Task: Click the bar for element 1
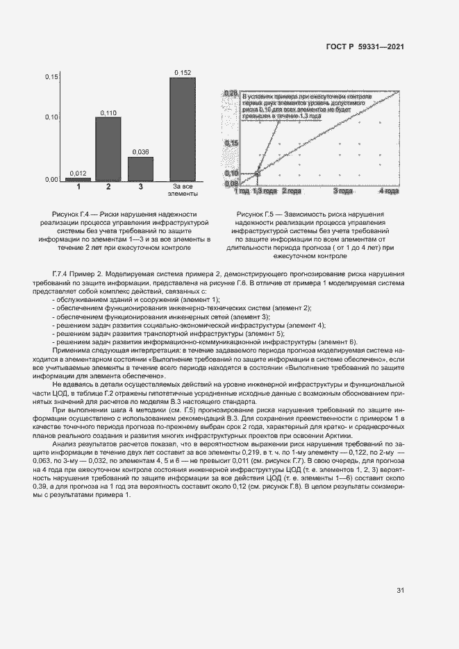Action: tap(78, 179)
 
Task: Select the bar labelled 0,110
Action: tap(108, 149)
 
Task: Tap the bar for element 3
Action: tap(140, 169)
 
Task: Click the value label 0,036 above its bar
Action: tap(140, 151)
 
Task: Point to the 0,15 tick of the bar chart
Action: tap(51, 77)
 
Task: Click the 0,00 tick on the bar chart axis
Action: tap(51, 180)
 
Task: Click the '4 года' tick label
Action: tap(390, 190)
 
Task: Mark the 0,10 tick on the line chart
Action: tap(232, 173)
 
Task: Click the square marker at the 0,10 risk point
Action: tap(258, 173)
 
